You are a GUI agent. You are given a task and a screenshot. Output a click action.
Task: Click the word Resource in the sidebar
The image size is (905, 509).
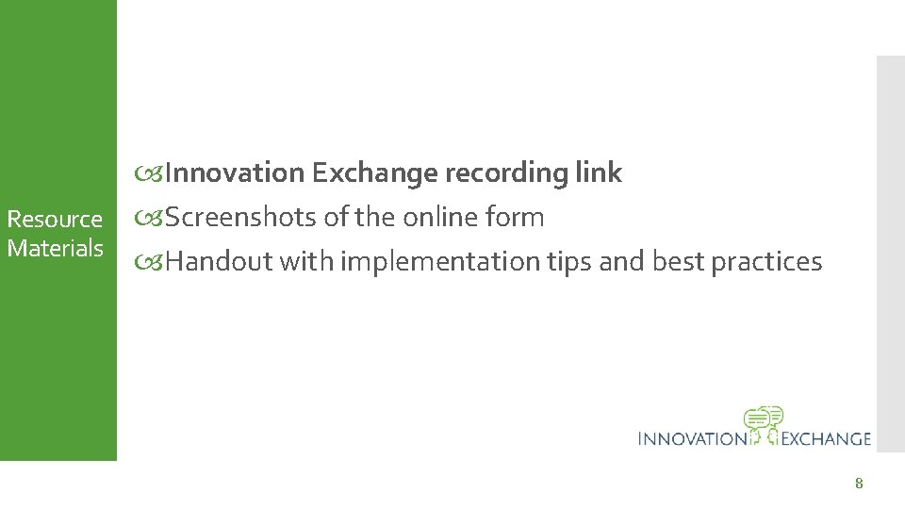[55, 220]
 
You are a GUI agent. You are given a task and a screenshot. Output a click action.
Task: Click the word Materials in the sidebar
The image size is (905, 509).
[55, 249]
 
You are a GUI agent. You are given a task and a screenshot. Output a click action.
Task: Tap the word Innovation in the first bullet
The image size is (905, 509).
[235, 173]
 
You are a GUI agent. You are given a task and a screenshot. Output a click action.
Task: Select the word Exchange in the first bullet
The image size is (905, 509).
[373, 173]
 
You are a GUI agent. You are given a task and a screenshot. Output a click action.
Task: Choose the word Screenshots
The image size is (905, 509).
[241, 218]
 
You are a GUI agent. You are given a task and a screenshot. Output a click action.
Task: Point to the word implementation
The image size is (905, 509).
[440, 262]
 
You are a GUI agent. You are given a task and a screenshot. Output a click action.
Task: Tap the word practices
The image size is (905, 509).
[765, 262]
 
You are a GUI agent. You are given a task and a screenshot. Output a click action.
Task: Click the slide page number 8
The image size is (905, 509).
[858, 484]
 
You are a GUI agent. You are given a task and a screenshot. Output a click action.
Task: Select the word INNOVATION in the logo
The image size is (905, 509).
[691, 438]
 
